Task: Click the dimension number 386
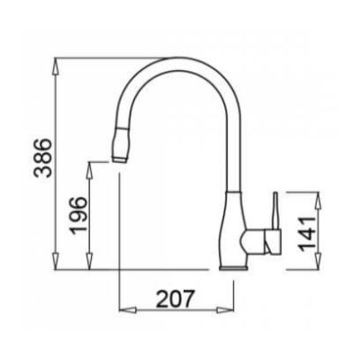pyautogui.click(x=42, y=158)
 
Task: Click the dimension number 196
pyautogui.click(x=78, y=215)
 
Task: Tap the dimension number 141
pyautogui.click(x=308, y=233)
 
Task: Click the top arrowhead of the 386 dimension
pyautogui.click(x=56, y=66)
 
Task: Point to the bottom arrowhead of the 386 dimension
pyautogui.click(x=56, y=262)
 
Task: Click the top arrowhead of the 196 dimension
pyautogui.click(x=89, y=170)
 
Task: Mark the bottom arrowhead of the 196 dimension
pyautogui.click(x=89, y=262)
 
